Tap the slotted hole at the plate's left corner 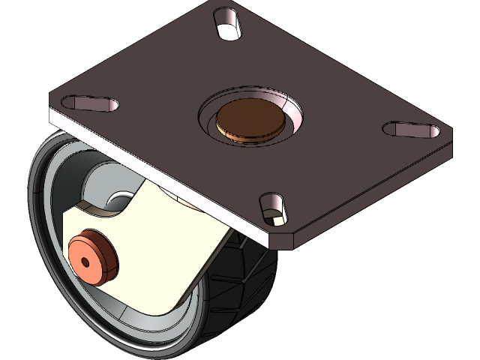pyautogui.click(x=91, y=103)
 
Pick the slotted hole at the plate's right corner pyautogui.click(x=412, y=130)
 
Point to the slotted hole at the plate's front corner pyautogui.click(x=273, y=208)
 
